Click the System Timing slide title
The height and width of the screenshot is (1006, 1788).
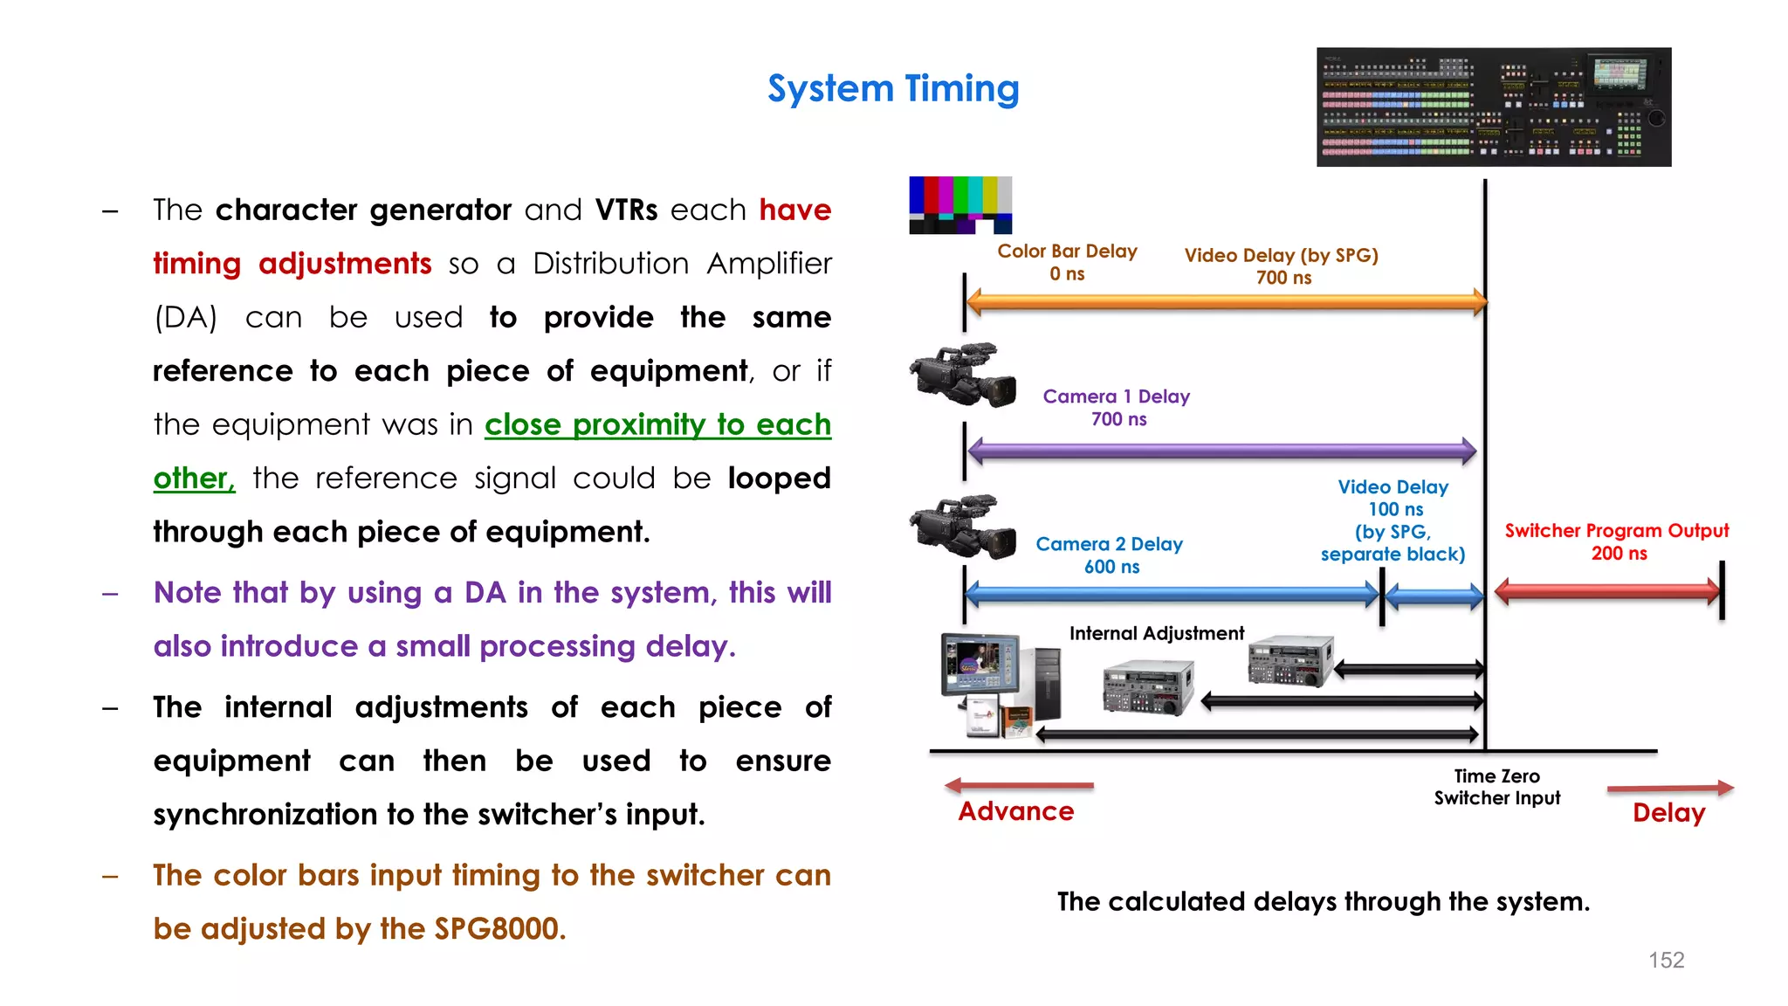[893, 89]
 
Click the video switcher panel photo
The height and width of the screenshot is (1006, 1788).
[1493, 107]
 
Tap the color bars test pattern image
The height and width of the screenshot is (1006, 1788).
[960, 205]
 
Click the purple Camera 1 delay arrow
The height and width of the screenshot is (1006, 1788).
[1221, 451]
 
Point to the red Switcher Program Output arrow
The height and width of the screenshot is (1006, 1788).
[1607, 591]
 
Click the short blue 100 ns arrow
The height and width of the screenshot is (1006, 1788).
[1434, 597]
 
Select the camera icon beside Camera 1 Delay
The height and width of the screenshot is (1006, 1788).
[963, 376]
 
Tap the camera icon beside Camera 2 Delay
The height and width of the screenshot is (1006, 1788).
[963, 527]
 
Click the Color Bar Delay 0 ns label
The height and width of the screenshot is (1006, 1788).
[1067, 262]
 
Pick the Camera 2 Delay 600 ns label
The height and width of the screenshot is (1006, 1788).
[1109, 555]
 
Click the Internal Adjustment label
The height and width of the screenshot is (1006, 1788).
[1156, 633]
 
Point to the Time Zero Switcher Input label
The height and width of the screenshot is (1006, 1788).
[1496, 787]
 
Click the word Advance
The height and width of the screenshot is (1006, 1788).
[1015, 811]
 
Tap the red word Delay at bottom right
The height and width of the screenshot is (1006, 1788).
[1668, 813]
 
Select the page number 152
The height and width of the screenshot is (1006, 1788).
[1666, 960]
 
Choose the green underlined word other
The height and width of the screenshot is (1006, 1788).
[193, 479]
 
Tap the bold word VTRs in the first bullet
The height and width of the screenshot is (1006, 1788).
[626, 210]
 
